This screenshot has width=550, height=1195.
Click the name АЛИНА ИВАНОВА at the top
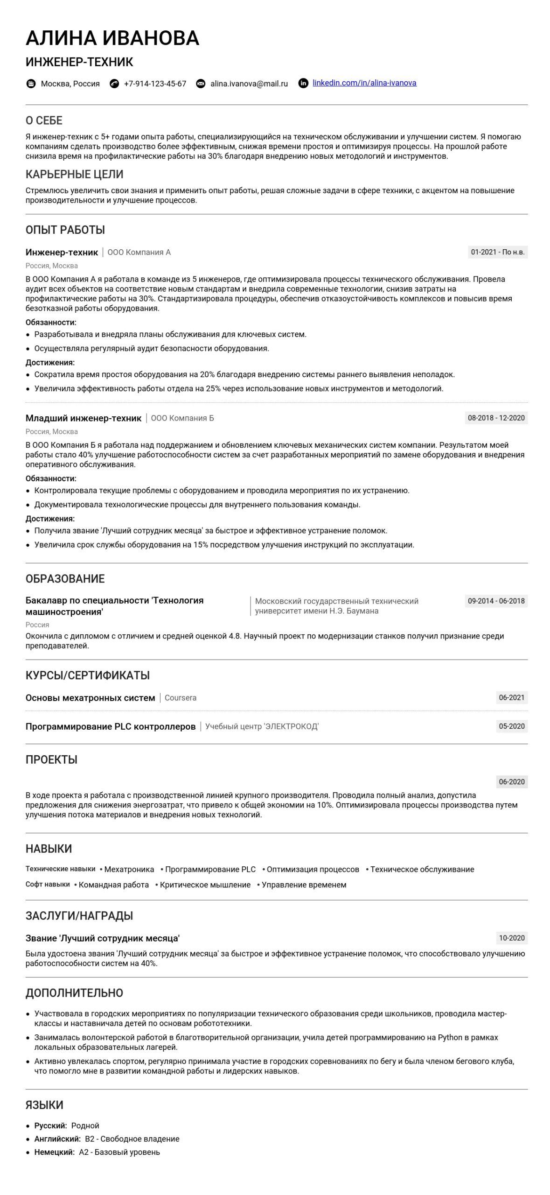click(112, 38)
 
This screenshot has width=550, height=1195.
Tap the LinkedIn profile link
click(364, 83)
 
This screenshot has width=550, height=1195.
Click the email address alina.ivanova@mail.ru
click(249, 84)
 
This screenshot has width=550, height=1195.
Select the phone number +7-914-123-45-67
click(155, 84)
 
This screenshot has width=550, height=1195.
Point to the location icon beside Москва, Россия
click(31, 84)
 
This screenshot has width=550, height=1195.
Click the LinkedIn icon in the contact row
click(303, 84)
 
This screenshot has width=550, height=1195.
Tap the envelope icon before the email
click(201, 84)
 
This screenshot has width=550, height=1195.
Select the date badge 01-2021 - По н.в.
click(497, 252)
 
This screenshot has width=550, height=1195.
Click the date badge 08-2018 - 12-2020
click(496, 418)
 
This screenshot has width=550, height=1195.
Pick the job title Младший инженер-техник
click(83, 418)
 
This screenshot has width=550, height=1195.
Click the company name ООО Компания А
click(139, 253)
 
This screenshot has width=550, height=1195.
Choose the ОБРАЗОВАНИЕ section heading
click(65, 579)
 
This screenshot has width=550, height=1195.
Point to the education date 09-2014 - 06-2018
click(496, 601)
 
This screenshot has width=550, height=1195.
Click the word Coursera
click(181, 698)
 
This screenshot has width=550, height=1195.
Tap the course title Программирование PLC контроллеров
click(111, 726)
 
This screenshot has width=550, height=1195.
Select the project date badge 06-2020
click(511, 782)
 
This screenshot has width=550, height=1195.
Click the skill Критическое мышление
click(205, 885)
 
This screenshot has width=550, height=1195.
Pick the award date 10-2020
click(511, 938)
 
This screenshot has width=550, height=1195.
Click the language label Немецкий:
click(54, 1152)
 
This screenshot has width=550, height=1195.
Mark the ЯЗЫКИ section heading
click(44, 1105)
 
